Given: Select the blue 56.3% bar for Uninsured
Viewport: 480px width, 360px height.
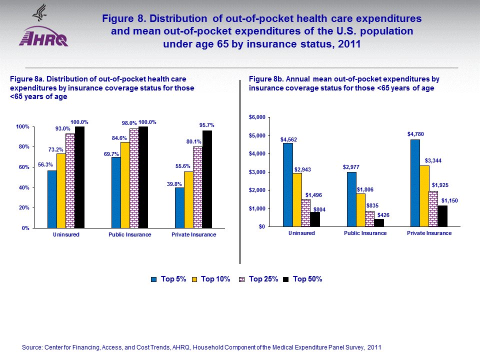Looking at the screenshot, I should tap(52, 199).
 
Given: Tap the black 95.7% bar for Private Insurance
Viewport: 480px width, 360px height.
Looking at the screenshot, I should tap(207, 179).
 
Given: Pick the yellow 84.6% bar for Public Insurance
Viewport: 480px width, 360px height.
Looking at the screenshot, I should tap(125, 185).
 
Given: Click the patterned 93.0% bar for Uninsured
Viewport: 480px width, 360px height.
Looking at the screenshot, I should tap(70, 180).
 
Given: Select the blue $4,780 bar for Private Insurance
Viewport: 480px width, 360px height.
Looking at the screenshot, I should tap(415, 183).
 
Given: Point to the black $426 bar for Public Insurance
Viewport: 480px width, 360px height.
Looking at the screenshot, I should tap(378, 222).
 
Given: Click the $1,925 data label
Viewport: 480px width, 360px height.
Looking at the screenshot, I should tap(440, 185).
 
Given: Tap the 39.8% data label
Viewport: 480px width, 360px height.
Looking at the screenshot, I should tap(173, 184).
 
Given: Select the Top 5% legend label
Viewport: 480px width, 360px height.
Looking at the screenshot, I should tap(173, 279).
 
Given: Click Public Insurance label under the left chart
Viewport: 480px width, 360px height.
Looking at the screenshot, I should tap(129, 235).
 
